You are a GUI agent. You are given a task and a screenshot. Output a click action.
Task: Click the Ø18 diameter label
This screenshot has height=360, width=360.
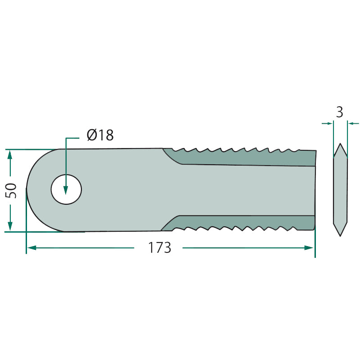100,135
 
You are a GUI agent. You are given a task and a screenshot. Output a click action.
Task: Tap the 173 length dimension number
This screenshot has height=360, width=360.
160,248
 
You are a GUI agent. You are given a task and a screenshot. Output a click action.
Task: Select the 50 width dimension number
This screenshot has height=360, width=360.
11,190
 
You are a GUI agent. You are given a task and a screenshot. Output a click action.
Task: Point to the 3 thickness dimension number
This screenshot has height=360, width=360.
340,112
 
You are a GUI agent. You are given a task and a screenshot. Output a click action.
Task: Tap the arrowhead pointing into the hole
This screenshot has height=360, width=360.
66,190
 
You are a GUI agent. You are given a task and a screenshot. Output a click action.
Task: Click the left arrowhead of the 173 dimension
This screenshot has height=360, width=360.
31,248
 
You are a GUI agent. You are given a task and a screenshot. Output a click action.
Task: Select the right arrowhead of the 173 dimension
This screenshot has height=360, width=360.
309,248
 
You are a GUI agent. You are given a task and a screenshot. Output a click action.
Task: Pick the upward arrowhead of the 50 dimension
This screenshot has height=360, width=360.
9,155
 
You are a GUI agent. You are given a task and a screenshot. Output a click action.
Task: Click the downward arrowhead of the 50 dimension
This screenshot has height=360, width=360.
10,226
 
